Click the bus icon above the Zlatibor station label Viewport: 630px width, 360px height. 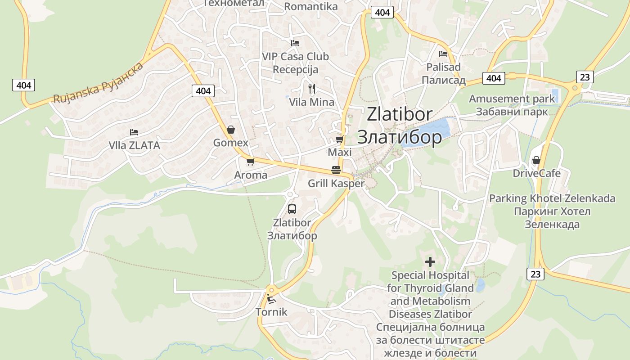tap(292, 209)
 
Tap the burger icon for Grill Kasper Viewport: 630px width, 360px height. tap(336, 170)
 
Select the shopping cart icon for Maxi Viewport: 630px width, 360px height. tap(339, 139)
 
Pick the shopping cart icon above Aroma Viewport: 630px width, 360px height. tap(250, 162)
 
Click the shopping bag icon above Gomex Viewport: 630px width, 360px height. tap(231, 130)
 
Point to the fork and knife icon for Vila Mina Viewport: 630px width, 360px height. tap(311, 88)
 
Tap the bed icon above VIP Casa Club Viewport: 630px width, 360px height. tap(295, 43)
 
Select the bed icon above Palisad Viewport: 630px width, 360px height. tap(443, 54)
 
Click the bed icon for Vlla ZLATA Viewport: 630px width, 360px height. tap(134, 132)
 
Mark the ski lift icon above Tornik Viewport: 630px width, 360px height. tap(271, 298)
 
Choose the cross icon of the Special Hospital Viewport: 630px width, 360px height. tap(430, 261)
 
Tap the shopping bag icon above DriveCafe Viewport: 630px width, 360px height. tap(536, 160)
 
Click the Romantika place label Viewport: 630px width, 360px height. tap(311, 6)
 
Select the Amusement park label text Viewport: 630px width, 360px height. tap(512, 99)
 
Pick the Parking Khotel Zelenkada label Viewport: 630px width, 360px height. tap(552, 198)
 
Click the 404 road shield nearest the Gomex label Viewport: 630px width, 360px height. tap(203, 91)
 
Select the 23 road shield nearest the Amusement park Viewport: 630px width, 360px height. tap(585, 77)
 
